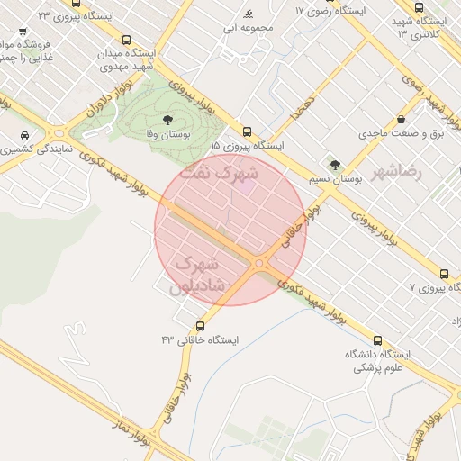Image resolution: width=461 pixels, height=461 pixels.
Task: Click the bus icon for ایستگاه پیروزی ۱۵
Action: point(248,131)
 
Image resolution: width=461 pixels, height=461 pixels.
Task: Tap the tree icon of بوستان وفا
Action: point(167,120)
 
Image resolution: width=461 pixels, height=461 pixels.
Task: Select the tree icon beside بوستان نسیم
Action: point(336,165)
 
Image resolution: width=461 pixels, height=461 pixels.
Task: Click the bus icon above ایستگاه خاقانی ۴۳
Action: point(200,326)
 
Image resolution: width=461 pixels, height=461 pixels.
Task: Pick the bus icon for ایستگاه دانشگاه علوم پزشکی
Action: point(377,341)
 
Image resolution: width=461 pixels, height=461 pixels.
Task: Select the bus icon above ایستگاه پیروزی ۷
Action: point(443,274)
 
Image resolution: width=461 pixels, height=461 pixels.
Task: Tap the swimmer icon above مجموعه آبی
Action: point(248,15)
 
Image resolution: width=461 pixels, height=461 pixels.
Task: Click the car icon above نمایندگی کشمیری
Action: point(21,135)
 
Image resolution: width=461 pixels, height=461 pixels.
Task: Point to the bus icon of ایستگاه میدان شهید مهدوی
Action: point(125,40)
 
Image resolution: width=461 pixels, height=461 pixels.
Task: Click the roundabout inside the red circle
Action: point(260,263)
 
